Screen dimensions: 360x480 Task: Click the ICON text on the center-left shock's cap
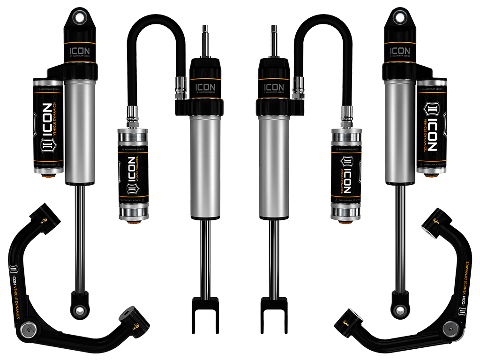[x=205, y=88]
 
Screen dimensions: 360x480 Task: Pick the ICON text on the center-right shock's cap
[x=275, y=88]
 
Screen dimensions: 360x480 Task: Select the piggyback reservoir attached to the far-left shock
[x=47, y=127]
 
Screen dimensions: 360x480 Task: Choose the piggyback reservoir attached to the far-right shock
[x=432, y=127]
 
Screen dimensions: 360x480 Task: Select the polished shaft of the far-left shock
[x=80, y=234]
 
